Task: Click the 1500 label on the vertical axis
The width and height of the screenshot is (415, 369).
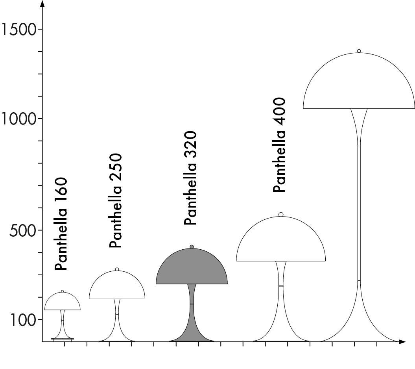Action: pos(19,29)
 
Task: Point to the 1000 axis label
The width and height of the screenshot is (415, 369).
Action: pos(19,118)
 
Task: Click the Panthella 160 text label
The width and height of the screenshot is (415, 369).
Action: pos(61,224)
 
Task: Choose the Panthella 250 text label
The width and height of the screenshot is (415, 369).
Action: pos(116,201)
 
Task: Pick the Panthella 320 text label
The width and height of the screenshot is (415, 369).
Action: pos(190,178)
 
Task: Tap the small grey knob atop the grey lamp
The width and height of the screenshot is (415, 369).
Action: pos(192,247)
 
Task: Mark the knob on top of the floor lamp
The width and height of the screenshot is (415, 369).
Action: pos(359,51)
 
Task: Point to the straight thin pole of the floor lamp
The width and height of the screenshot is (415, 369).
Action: pos(359,213)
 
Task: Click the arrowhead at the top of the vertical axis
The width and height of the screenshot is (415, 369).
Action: pos(42,4)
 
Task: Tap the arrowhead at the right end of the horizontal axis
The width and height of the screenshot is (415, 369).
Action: pos(402,342)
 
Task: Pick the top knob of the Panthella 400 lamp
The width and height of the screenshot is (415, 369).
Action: pos(281,215)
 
